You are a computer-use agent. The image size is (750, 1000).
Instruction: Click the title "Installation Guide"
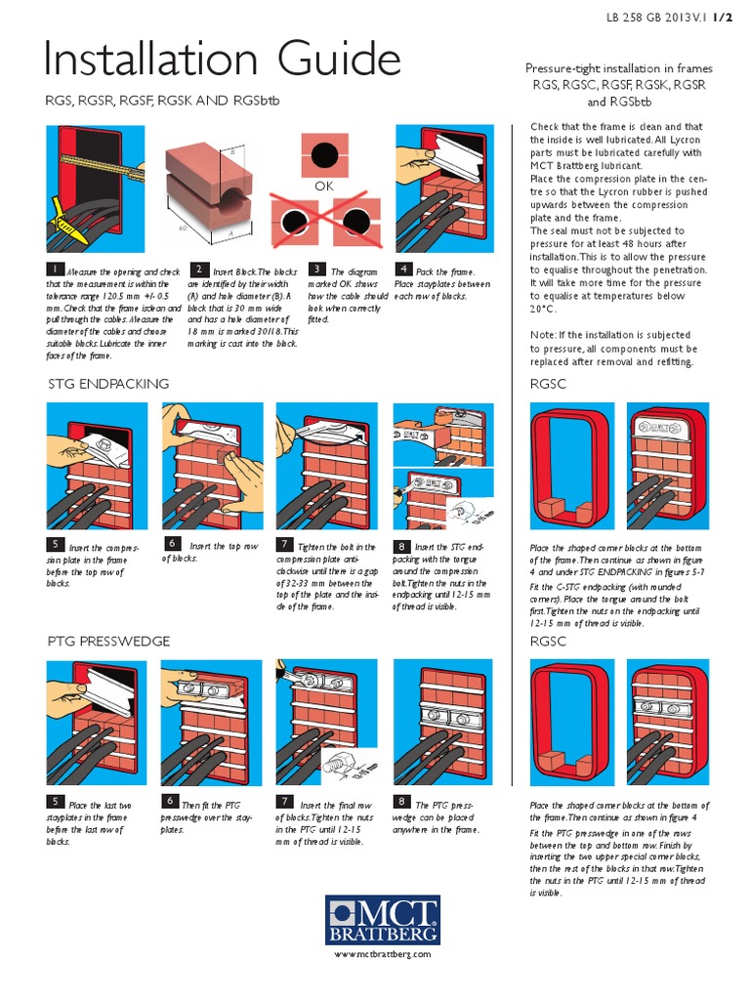[223, 61]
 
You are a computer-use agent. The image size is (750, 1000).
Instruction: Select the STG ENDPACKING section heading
[108, 383]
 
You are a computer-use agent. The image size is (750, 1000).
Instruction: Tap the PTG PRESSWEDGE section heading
[109, 641]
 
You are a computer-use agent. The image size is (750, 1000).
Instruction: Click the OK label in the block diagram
[324, 185]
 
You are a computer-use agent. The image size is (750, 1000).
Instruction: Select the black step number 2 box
[198, 269]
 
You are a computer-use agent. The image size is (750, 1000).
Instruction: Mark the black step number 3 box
[317, 269]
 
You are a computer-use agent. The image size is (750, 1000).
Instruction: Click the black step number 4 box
[402, 269]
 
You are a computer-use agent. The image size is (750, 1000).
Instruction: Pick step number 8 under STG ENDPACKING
[401, 546]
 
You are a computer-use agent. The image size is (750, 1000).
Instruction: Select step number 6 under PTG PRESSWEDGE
[171, 802]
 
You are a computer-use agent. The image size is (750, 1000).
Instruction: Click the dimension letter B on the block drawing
[232, 152]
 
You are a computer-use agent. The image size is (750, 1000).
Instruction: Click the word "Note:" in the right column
[545, 335]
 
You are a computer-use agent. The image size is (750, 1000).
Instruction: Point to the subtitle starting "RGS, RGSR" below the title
[168, 100]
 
